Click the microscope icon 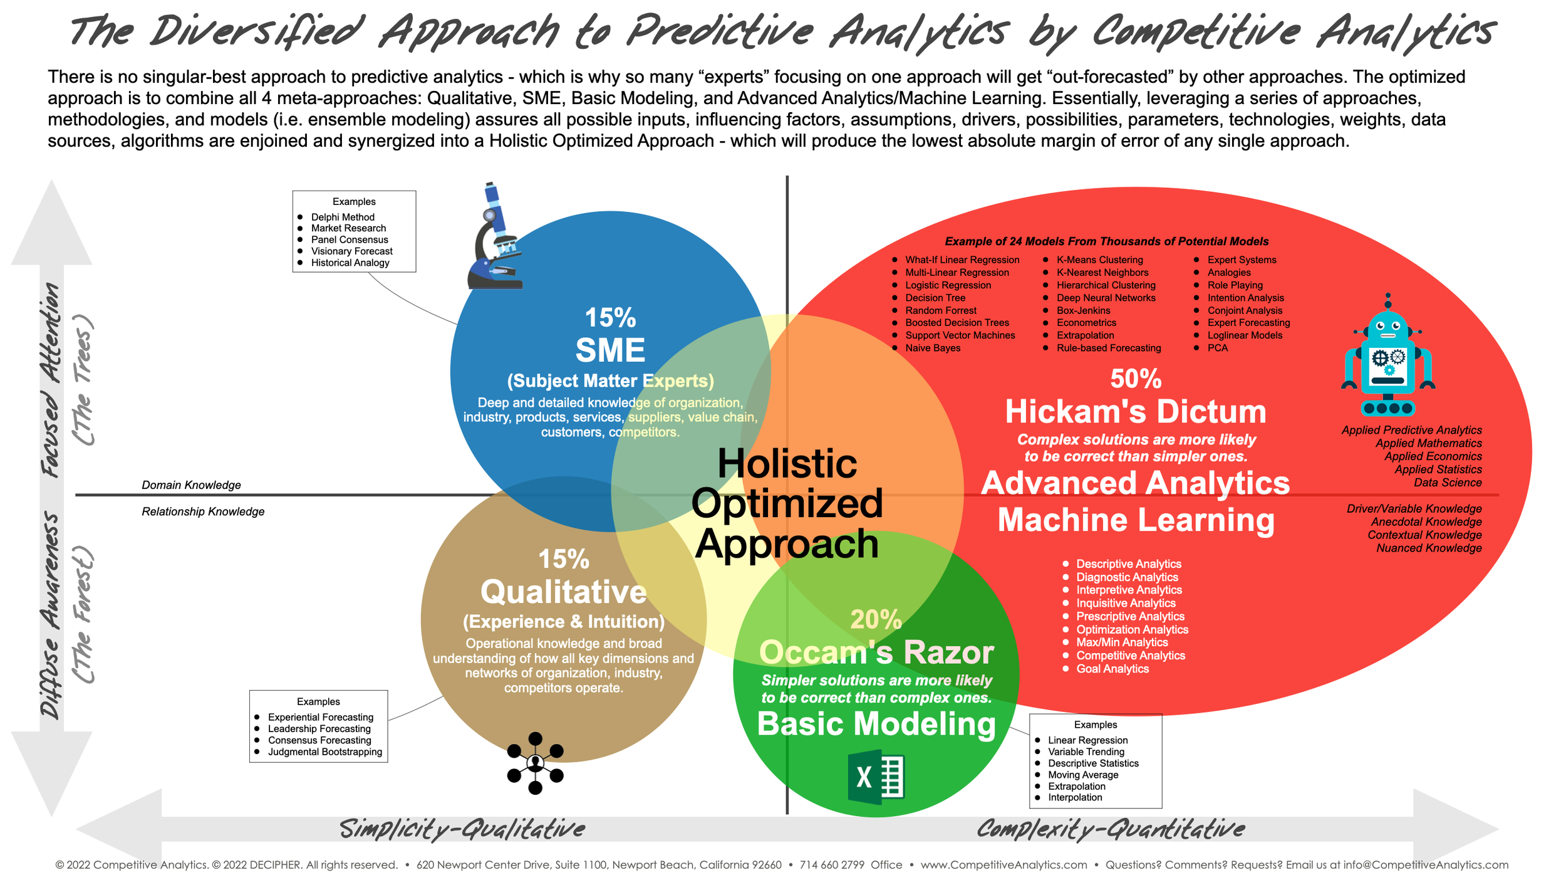(x=495, y=237)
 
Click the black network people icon (x=535, y=763)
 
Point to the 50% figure (x=1136, y=379)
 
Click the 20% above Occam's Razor (x=876, y=619)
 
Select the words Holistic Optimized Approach (x=787, y=503)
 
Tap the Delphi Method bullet (x=343, y=217)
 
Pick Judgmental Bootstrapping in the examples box (x=324, y=752)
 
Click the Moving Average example (x=1083, y=775)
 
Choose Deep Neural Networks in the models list (x=1106, y=298)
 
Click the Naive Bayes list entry (x=933, y=348)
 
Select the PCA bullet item (x=1217, y=348)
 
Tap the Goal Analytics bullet (x=1112, y=669)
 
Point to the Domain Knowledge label (x=191, y=485)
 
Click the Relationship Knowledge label (x=203, y=511)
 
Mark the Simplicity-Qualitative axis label (x=462, y=829)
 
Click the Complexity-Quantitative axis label (x=1110, y=829)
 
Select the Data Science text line (x=1447, y=483)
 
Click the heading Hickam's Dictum (x=1136, y=412)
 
